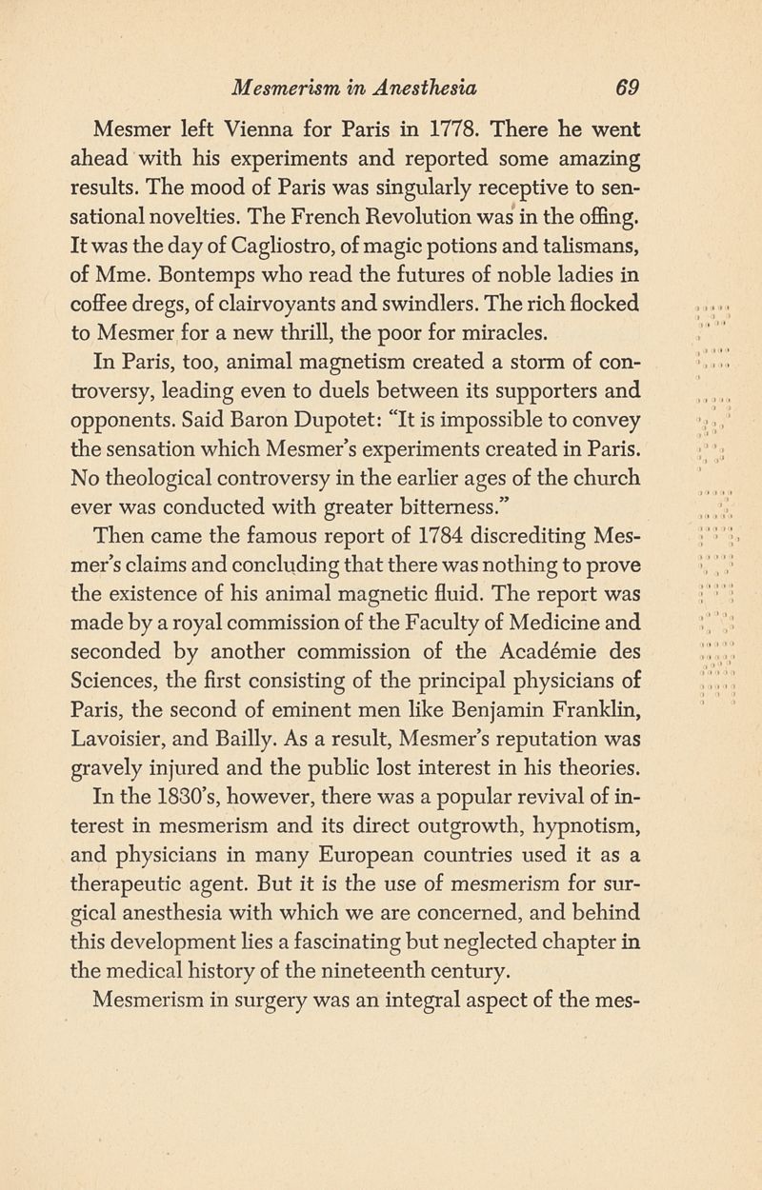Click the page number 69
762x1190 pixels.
(x=626, y=89)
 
